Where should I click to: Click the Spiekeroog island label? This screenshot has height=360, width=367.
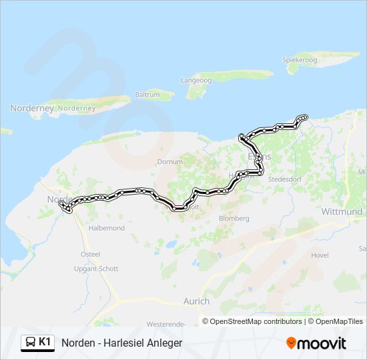point(299,59)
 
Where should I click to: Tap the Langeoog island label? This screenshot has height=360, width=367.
point(196,80)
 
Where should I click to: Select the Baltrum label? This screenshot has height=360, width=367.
point(147,95)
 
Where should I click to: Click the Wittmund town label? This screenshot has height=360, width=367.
point(342,212)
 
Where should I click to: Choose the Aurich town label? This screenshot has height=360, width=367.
point(196,301)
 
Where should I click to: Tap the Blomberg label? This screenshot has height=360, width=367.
point(234,218)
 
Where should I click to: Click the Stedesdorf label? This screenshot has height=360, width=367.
point(286,179)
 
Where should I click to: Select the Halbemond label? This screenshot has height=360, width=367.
point(107,228)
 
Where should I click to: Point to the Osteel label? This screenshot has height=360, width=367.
point(90,254)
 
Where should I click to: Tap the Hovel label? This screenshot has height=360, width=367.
point(320,255)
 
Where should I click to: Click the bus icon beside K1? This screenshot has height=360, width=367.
point(30,343)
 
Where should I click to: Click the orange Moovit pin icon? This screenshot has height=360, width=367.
point(291,343)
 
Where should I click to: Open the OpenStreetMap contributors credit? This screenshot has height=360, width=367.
point(256,321)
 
